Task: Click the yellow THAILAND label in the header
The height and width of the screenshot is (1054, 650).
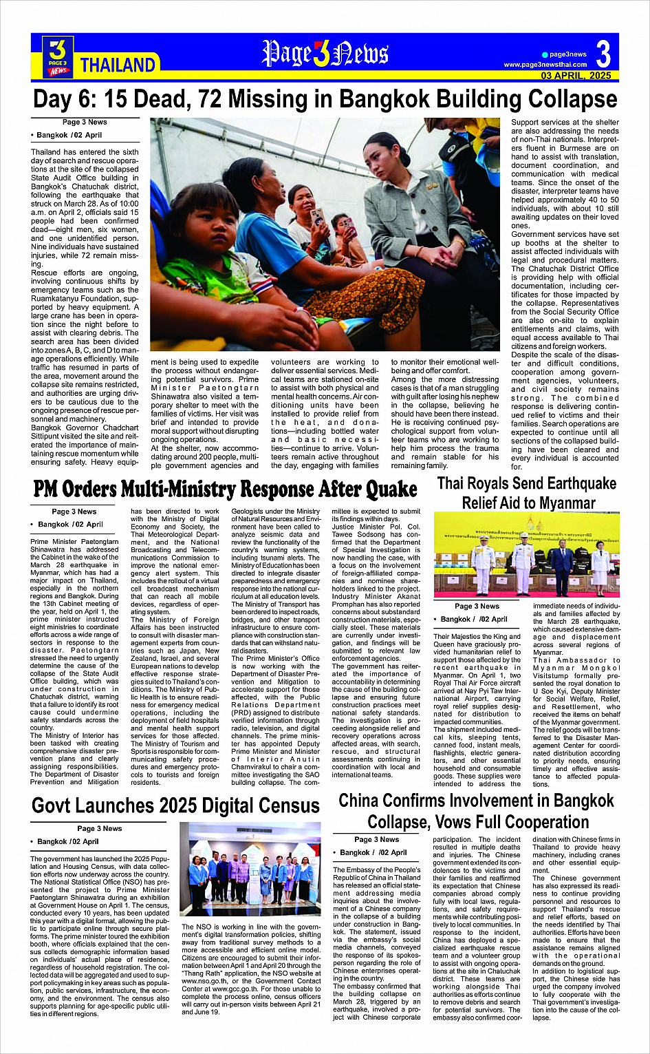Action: click(118, 65)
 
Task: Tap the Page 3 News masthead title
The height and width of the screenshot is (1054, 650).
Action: click(325, 53)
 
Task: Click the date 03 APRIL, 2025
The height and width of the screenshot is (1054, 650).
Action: click(576, 76)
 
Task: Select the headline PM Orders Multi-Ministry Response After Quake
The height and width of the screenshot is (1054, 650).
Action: click(225, 489)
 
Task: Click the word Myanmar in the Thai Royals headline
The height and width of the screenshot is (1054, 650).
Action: click(562, 503)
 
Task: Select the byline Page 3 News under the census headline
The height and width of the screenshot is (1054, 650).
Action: click(99, 828)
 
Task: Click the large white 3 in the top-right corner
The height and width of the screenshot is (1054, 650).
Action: click(603, 54)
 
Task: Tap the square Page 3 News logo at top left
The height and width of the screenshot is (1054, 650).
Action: click(58, 56)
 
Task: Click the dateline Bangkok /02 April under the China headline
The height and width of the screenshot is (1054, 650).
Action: click(374, 852)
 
